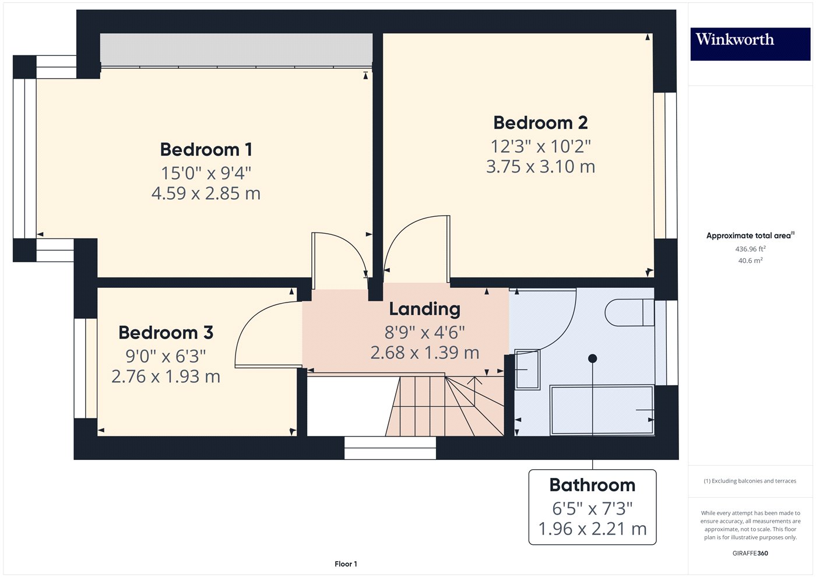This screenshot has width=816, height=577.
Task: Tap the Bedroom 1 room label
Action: (206, 150)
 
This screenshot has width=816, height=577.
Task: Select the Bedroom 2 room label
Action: (540, 123)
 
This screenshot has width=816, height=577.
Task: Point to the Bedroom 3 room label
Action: (166, 333)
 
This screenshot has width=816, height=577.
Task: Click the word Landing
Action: (424, 309)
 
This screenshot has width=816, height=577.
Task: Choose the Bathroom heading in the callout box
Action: (592, 485)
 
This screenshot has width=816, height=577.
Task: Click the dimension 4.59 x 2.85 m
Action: (206, 193)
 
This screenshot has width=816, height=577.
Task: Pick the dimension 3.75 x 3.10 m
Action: (540, 167)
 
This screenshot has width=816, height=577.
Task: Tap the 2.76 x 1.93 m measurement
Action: (166, 377)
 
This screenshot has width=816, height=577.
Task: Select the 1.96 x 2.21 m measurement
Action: (592, 529)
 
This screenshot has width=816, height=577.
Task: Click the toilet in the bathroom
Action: (629, 313)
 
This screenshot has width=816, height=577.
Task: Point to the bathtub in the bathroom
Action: (602, 410)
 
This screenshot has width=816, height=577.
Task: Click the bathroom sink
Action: (527, 370)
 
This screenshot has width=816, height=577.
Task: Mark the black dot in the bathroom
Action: (593, 358)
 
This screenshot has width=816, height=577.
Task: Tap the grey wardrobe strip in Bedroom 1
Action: (236, 50)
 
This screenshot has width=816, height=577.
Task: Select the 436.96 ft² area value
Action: (750, 249)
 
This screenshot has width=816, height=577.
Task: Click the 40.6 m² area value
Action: (750, 261)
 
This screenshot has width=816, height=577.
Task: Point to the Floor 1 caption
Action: (346, 564)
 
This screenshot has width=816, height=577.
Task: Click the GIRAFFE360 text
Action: (750, 553)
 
